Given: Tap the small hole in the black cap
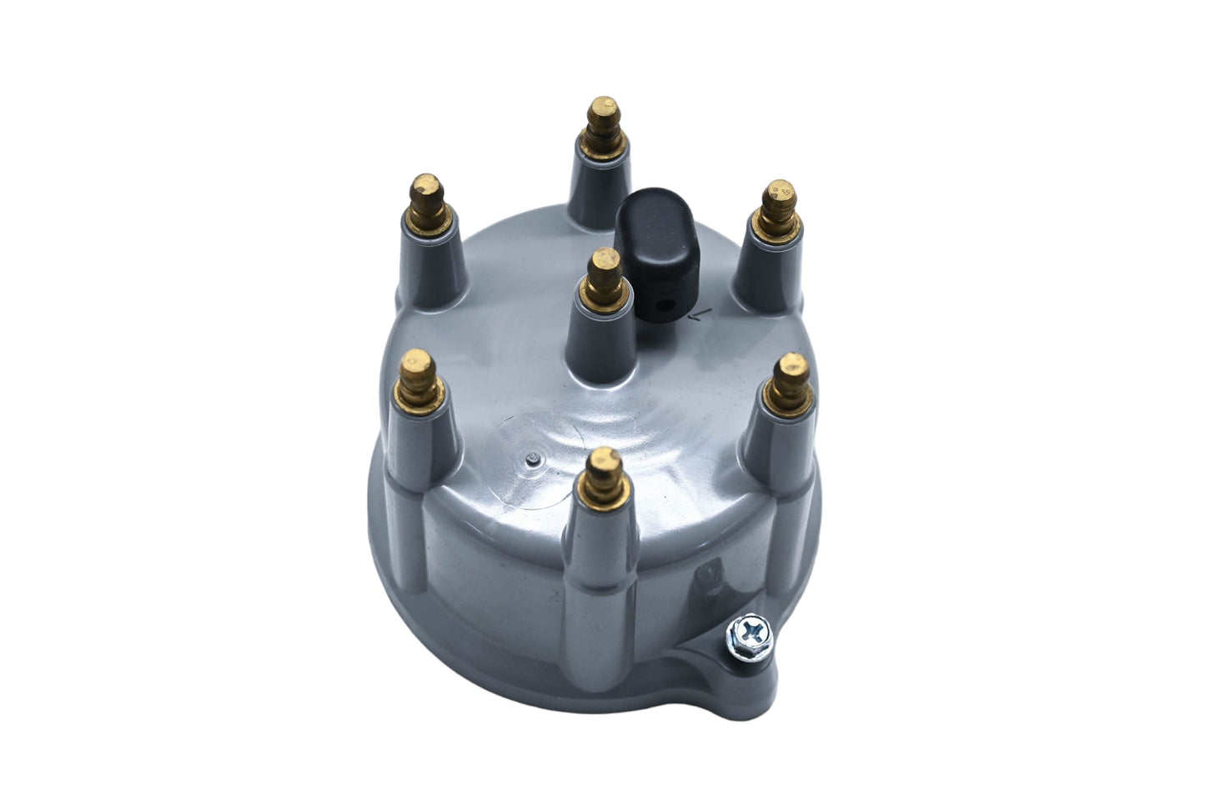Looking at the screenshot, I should tap(662, 305).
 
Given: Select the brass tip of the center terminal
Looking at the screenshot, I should tap(604, 273).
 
